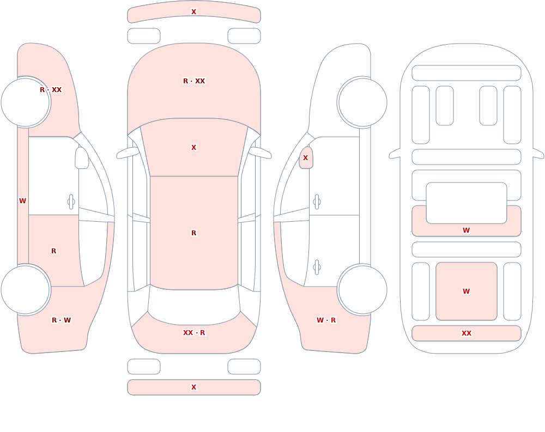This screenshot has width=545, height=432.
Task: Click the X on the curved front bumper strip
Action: pos(193,12)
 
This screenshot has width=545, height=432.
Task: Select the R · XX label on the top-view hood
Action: pos(194,81)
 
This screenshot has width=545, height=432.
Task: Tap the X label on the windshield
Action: pos(193,148)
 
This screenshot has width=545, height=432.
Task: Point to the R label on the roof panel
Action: pos(193,233)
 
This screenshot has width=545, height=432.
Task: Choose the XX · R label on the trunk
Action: pos(194,333)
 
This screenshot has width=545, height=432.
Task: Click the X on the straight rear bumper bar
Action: pos(193,387)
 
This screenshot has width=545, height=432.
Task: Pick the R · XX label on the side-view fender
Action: pos(51,90)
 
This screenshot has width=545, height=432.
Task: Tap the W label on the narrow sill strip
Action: pos(22,201)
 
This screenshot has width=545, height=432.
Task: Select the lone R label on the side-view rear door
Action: pos(53,251)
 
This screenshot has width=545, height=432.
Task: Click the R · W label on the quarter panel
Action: pos(61,320)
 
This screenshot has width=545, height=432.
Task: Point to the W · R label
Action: pos(326,320)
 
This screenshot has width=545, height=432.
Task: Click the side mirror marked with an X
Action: pos(306,158)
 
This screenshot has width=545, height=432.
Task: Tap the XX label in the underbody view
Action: pos(467,333)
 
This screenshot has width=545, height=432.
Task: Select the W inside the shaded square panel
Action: pos(467,291)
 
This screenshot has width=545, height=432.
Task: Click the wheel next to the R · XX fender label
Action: pos(26,102)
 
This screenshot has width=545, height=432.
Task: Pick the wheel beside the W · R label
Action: pos(362,289)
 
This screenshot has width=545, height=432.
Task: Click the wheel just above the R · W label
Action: pos(26,289)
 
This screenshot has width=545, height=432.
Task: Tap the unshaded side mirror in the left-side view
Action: pos(82,158)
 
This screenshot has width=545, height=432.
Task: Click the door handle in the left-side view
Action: pos(71,202)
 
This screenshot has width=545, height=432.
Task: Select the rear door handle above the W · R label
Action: pos(317,267)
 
